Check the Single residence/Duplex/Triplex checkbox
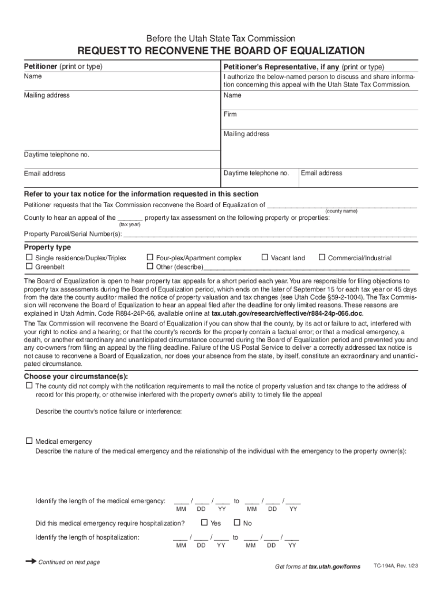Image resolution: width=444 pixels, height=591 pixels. (x=28, y=257)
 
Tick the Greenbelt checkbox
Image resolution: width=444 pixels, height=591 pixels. (x=28, y=267)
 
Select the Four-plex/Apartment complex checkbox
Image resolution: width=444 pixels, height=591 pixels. (x=150, y=257)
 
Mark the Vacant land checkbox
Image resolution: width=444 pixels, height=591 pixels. (x=265, y=257)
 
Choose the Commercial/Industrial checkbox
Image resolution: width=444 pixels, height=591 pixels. (x=322, y=257)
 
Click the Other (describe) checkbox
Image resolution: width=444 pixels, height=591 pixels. (x=150, y=267)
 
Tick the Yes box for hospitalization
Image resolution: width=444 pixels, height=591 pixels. (x=204, y=523)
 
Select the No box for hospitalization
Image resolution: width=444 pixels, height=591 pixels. (x=236, y=523)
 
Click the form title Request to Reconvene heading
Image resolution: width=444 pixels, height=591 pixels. (x=221, y=51)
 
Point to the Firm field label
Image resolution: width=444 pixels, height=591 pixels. (x=230, y=114)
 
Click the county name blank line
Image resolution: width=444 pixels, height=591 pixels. (x=341, y=205)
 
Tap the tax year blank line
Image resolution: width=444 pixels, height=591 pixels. (x=130, y=218)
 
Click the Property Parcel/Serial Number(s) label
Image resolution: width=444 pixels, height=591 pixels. (x=73, y=234)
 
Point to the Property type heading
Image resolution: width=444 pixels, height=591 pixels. (x=47, y=247)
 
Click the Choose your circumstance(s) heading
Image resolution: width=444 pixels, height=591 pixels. (x=76, y=376)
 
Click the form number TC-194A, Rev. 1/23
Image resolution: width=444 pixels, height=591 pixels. (x=396, y=566)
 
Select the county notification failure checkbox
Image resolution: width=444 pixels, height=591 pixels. (x=28, y=386)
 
